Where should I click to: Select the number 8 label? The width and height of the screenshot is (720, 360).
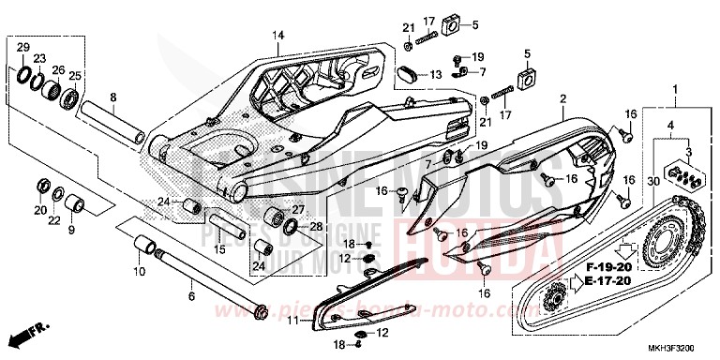click(112, 97)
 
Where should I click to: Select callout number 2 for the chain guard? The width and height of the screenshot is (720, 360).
click(563, 98)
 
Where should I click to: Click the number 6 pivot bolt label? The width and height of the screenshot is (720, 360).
click(191, 296)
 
